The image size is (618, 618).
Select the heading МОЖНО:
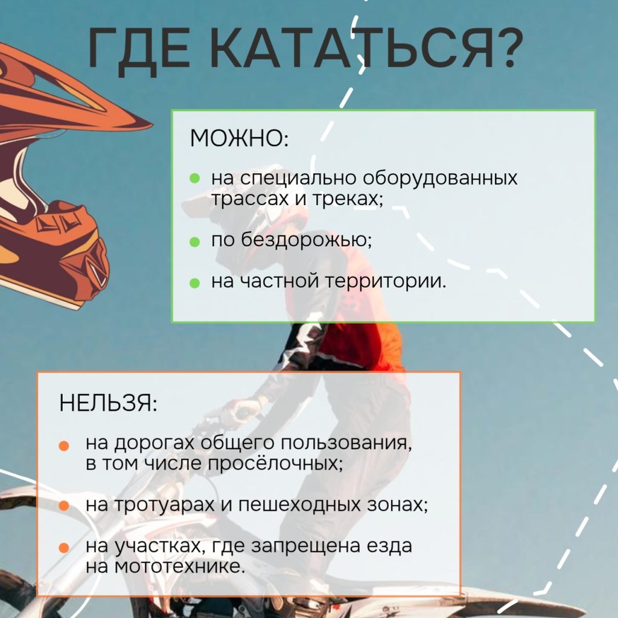pos(239,138)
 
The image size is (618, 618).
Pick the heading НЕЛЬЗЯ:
pos(109,403)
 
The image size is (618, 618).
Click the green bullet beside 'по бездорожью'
pos(195,241)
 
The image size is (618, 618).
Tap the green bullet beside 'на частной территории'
pos(195,283)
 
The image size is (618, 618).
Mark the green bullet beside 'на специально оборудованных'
pos(195,178)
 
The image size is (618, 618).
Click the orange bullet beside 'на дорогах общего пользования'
pos(64,445)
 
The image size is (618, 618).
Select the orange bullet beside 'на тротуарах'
pos(64,506)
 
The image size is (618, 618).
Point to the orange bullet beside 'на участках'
pos(64,548)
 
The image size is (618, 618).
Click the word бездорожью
pos(306,239)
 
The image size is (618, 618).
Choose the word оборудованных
pos(439,178)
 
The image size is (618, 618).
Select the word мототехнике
pos(180,566)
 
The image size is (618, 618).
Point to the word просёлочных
pos(275,463)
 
